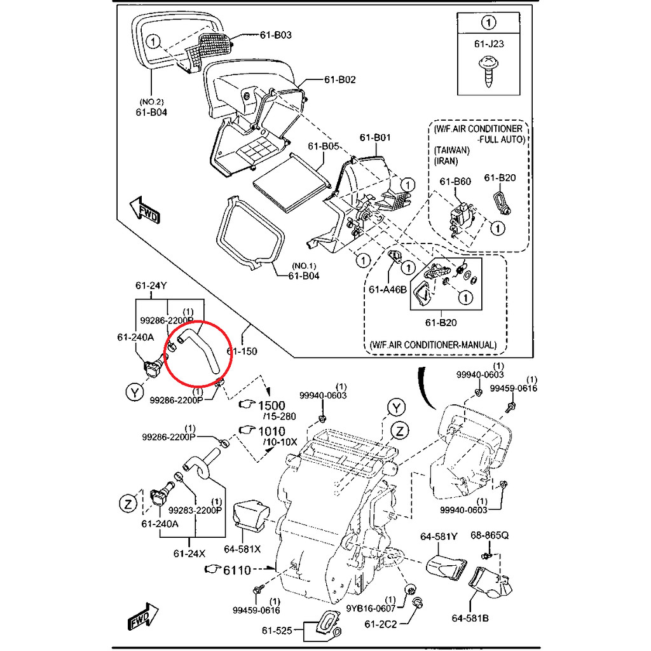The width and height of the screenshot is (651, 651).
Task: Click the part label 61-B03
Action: click(x=276, y=35)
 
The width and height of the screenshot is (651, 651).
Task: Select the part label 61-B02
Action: click(x=340, y=79)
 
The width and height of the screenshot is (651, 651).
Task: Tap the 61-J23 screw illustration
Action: click(x=489, y=72)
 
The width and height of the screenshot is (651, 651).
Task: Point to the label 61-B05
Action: click(x=324, y=146)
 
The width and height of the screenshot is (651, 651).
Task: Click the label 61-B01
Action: click(x=375, y=137)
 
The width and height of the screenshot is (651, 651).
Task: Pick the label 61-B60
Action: click(x=455, y=181)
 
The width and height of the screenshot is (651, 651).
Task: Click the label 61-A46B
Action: click(x=388, y=289)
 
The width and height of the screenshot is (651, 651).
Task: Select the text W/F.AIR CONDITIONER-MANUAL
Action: click(x=433, y=345)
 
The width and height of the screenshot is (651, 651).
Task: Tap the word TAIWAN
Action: click(x=452, y=150)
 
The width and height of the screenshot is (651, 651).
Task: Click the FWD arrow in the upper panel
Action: click(x=144, y=210)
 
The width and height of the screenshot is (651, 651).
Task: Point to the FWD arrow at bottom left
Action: click(x=143, y=616)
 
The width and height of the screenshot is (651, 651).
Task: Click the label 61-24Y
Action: click(x=151, y=285)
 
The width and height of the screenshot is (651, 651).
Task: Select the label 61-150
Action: click(x=242, y=351)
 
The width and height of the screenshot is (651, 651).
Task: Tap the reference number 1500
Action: click(x=271, y=405)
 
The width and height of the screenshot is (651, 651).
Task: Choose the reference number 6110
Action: click(x=237, y=570)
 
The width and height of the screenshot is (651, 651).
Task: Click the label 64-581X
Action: click(x=242, y=549)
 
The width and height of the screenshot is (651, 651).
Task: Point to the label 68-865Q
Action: click(x=490, y=535)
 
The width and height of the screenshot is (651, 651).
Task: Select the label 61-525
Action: click(x=277, y=631)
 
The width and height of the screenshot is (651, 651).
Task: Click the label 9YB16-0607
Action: click(x=371, y=608)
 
